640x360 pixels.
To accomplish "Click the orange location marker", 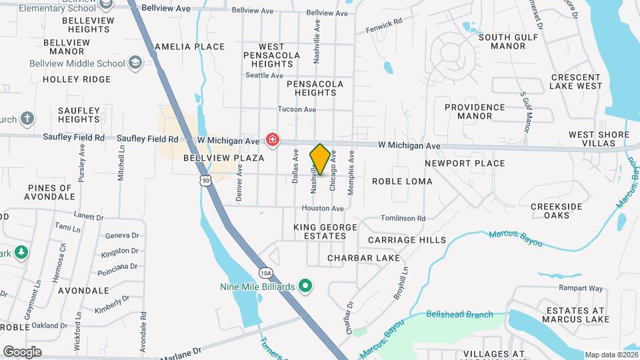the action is pos(320,159).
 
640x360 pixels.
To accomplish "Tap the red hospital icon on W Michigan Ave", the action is pos(272,140).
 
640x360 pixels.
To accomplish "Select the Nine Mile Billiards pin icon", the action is pos(306,287).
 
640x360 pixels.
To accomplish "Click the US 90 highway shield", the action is pos(206,180).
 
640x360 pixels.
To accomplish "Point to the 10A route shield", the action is pos(266,272).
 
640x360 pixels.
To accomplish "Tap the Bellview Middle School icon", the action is pos(136,63).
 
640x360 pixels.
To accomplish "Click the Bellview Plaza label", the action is pos(223,158).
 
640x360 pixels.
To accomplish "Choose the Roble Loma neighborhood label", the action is pos(402,181).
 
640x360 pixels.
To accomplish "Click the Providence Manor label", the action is pos(475,111).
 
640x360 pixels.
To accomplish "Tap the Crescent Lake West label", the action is pos(576,81).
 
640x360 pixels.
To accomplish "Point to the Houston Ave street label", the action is pos(323,209).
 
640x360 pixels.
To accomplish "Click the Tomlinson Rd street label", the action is pos(403,218).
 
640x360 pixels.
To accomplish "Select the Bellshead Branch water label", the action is pos(459,314).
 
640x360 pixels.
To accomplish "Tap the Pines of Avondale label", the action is pos(49,192).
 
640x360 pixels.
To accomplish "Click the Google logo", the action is pos(22,352).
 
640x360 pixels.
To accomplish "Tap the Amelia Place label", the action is pos(189,47).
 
